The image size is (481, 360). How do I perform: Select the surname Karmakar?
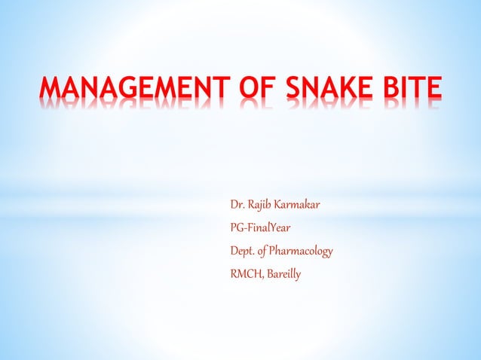point(305,204)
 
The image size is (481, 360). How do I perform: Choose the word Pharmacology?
point(305,252)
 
